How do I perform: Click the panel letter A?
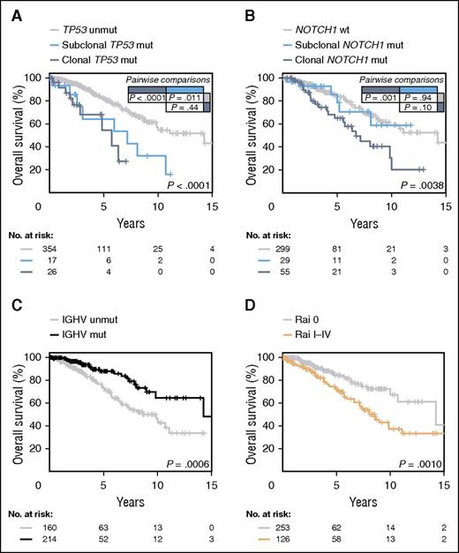click(x=8, y=10)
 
